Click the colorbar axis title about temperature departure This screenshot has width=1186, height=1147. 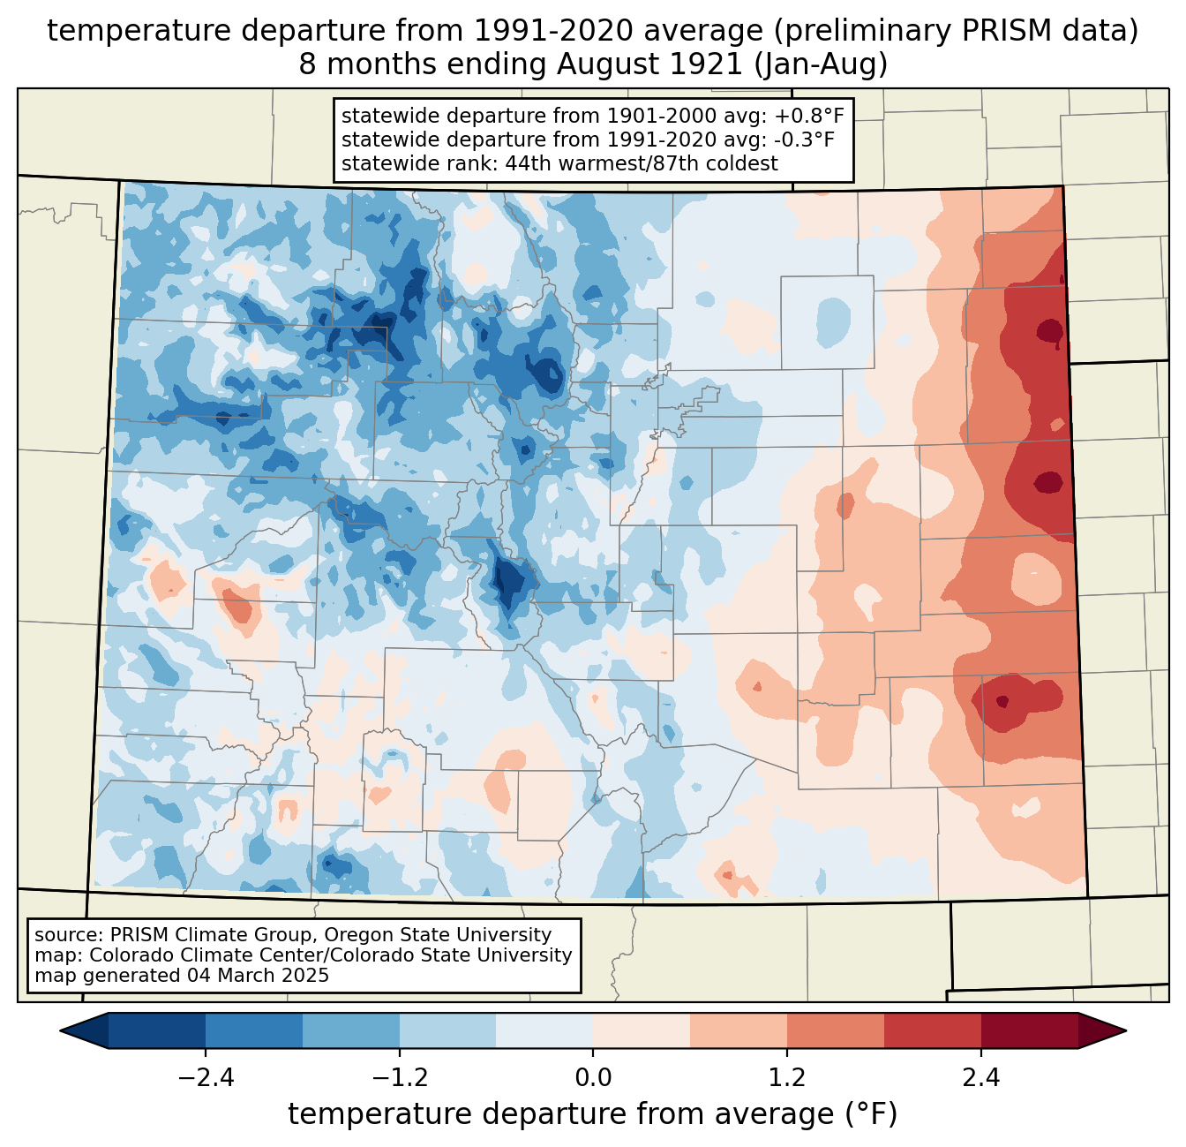point(593,1114)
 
